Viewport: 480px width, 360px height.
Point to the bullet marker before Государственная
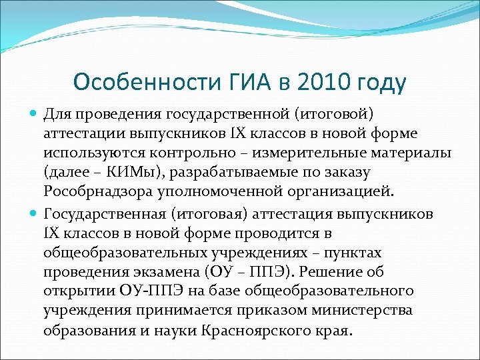[x=34, y=213]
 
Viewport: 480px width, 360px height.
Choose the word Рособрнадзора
[x=95, y=192]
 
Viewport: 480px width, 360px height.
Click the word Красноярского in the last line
[x=239, y=330]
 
